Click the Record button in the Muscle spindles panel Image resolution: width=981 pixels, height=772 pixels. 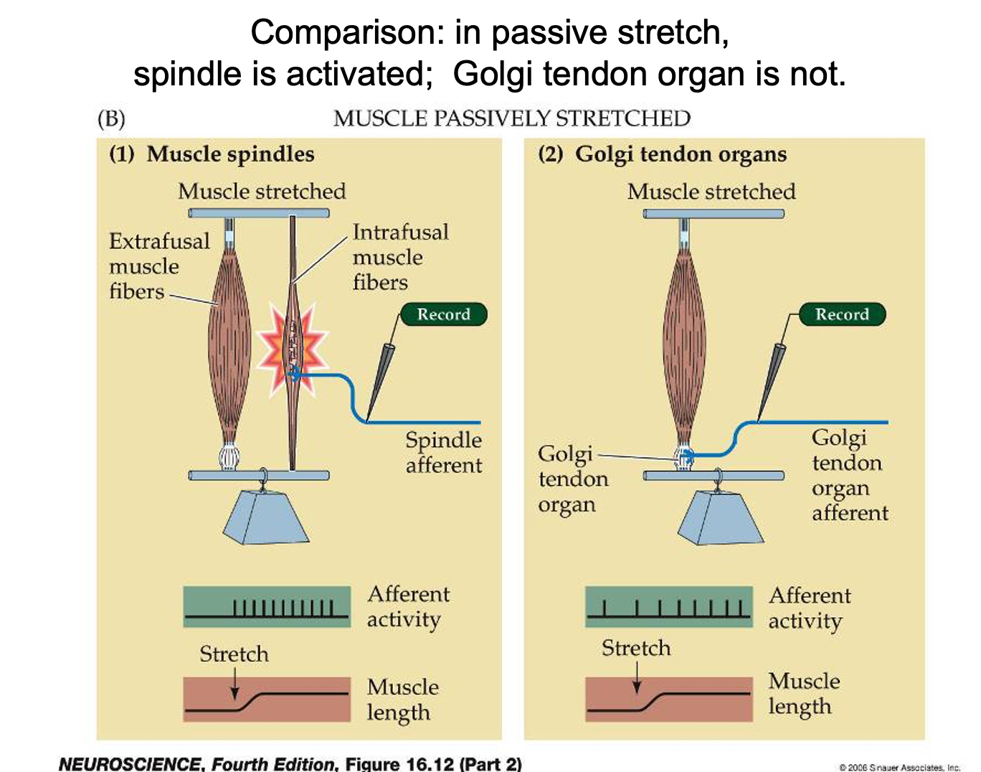pyautogui.click(x=443, y=314)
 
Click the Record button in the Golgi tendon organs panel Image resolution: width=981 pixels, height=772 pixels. pyautogui.click(x=842, y=314)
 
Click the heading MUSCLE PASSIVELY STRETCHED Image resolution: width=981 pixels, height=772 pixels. pyautogui.click(x=511, y=118)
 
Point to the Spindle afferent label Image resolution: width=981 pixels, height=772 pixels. pyautogui.click(x=443, y=452)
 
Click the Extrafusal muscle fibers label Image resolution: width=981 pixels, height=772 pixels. pyautogui.click(x=158, y=266)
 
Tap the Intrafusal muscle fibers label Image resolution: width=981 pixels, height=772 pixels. pyautogui.click(x=400, y=257)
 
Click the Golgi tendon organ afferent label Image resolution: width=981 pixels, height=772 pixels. pyautogui.click(x=850, y=475)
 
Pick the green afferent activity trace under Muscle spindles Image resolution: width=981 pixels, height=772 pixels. pyautogui.click(x=267, y=607)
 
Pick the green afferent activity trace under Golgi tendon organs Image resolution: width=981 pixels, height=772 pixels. pyautogui.click(x=668, y=607)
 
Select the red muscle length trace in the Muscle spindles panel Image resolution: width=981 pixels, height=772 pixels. pyautogui.click(x=267, y=700)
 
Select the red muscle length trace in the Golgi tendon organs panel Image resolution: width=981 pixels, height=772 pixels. pyautogui.click(x=668, y=699)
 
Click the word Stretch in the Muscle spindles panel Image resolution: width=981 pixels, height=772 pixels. pyautogui.click(x=234, y=654)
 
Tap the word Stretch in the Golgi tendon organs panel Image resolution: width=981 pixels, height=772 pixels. pyautogui.click(x=636, y=649)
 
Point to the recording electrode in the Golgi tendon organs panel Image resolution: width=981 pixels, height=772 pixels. pyautogui.click(x=772, y=380)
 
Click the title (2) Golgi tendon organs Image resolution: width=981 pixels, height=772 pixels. pyautogui.click(x=662, y=154)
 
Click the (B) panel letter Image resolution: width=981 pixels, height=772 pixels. pyautogui.click(x=111, y=118)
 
